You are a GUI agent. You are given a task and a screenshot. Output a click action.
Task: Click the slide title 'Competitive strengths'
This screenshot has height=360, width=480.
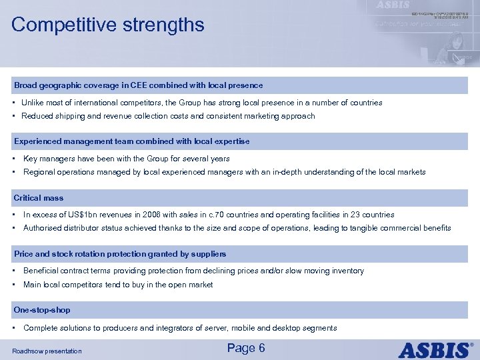[x=108, y=25]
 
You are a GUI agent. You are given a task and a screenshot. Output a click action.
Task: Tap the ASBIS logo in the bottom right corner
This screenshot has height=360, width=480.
[x=436, y=349]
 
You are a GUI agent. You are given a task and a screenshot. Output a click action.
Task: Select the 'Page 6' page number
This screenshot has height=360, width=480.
[x=246, y=348]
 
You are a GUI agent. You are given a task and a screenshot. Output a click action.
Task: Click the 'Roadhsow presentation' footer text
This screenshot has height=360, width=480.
[x=47, y=351]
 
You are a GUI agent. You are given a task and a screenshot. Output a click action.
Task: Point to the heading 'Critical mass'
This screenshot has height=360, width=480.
[x=39, y=198]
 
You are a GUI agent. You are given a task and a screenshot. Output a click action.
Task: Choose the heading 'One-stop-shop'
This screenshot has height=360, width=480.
[x=42, y=310]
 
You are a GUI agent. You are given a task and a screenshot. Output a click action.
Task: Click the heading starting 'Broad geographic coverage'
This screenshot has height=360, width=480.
[x=138, y=85]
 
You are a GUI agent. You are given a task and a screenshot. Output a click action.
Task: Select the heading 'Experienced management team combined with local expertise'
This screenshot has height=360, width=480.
[x=131, y=141]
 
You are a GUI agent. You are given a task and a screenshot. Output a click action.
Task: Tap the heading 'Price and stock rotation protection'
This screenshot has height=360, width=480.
[x=120, y=254]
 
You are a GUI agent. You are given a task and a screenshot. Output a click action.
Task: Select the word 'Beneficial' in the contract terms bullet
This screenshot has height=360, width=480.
[x=41, y=271]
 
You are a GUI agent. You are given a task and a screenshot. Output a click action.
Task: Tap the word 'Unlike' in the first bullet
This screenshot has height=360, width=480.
[x=33, y=103]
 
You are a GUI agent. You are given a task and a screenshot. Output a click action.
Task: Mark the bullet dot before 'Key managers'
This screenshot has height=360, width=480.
[x=15, y=159]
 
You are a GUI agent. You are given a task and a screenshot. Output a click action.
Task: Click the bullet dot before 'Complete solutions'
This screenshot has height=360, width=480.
[x=15, y=328]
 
